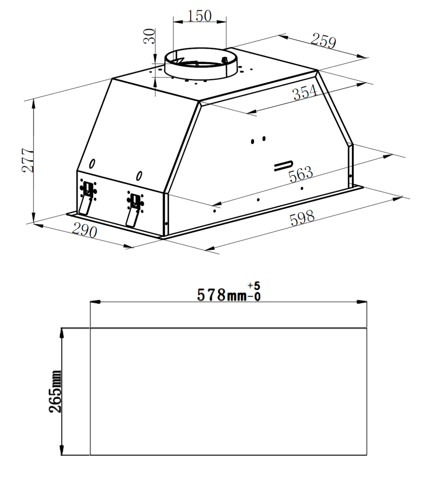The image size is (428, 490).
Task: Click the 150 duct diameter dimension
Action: coord(199,16)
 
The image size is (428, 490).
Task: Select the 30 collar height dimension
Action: coord(149,36)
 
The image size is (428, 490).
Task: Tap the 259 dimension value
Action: coord(323,41)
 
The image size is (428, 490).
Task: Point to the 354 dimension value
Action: coord(305,92)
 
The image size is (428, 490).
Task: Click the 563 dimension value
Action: coord(300,174)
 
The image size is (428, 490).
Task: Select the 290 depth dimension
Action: coord(85,231)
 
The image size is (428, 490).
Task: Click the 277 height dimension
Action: coord(28,160)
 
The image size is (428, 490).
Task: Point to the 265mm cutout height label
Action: coord(55,391)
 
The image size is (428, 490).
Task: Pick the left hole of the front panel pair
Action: coord(252,141)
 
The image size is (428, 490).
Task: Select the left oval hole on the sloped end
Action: coord(92,164)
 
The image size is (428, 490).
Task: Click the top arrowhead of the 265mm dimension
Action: coord(62,333)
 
